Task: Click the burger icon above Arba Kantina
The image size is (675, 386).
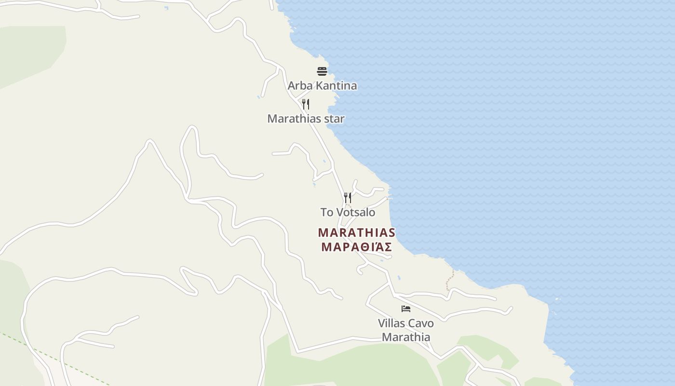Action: [x=322, y=71]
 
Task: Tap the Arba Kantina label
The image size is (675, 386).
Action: [x=322, y=86]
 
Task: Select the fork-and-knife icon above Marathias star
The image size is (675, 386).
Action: [x=305, y=104]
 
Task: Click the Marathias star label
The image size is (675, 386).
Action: [x=306, y=119]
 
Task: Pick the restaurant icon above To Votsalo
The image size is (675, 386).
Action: [x=347, y=198]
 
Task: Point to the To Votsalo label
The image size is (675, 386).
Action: [x=348, y=212]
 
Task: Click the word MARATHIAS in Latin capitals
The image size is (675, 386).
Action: [x=356, y=233]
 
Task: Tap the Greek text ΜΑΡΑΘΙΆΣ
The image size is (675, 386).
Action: [x=356, y=247]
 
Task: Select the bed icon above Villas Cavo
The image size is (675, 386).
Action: [x=406, y=309]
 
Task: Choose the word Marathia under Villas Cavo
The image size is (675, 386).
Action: [x=406, y=337]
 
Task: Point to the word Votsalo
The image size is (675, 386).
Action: [x=356, y=212]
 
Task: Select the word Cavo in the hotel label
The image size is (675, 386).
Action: [x=421, y=323]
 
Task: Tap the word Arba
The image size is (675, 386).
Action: [x=297, y=86]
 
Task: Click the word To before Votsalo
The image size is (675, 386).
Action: [x=326, y=212]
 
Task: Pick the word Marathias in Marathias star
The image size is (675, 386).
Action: [x=295, y=119]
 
